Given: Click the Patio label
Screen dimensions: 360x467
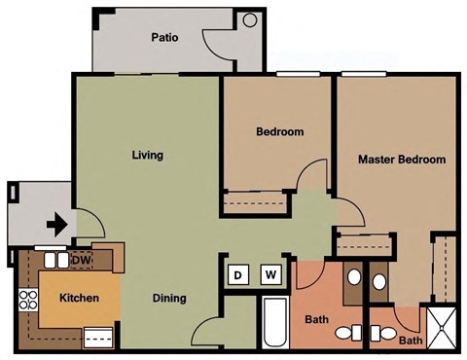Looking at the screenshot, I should [164, 39].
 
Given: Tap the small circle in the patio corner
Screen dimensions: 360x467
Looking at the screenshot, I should [249, 19].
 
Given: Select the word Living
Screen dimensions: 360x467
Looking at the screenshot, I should [147, 155].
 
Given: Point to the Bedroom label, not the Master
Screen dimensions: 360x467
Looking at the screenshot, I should [280, 132].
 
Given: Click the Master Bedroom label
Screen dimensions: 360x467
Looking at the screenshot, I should [402, 160].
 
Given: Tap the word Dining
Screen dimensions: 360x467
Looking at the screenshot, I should [169, 299].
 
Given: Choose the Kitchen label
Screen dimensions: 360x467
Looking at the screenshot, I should [78, 298].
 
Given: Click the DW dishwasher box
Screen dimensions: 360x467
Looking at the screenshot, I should [82, 261].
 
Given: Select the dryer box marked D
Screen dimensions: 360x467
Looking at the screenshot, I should [238, 275].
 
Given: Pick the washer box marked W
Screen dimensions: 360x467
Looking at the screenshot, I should [271, 275].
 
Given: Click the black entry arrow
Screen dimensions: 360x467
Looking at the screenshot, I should [57, 225].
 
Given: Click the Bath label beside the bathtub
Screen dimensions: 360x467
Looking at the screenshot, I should [317, 319].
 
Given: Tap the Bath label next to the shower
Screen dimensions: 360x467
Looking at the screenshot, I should [411, 341].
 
